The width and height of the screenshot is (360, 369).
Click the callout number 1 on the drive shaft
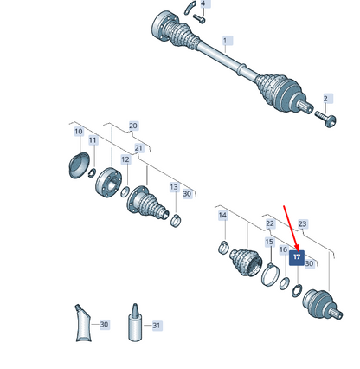226,41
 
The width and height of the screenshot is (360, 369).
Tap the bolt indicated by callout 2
325,119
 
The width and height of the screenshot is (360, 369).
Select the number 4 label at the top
203,3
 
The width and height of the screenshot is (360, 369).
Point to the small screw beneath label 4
199,19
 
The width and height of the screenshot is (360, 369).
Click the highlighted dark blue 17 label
297,257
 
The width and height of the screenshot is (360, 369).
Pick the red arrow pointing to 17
291,228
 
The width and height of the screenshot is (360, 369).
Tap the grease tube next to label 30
83,323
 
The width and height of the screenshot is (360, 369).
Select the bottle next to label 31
135,322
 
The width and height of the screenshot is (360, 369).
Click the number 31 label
157,326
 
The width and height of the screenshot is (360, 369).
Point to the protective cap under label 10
79,165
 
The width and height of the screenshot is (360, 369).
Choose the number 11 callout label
93,140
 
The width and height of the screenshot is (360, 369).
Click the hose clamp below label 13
176,220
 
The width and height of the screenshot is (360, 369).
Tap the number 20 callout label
133,126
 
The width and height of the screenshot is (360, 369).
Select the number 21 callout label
138,148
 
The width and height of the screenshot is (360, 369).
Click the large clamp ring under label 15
271,275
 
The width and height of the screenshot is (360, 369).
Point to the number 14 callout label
222,216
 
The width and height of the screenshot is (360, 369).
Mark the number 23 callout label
303,223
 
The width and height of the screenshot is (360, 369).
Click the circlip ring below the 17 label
297,290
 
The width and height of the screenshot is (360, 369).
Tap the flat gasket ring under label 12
125,192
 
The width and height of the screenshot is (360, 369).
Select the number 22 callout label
270,223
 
